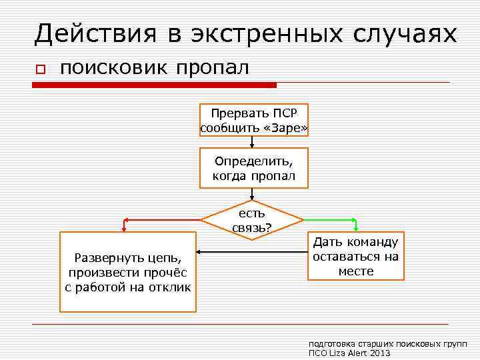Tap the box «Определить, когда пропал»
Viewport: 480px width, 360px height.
point(254,168)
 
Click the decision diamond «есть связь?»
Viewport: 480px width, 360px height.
point(253,220)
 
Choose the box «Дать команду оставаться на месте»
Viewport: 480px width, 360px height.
point(356,257)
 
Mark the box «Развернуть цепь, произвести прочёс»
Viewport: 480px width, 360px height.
point(128,272)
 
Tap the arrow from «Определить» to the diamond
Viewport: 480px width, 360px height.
point(252,194)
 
